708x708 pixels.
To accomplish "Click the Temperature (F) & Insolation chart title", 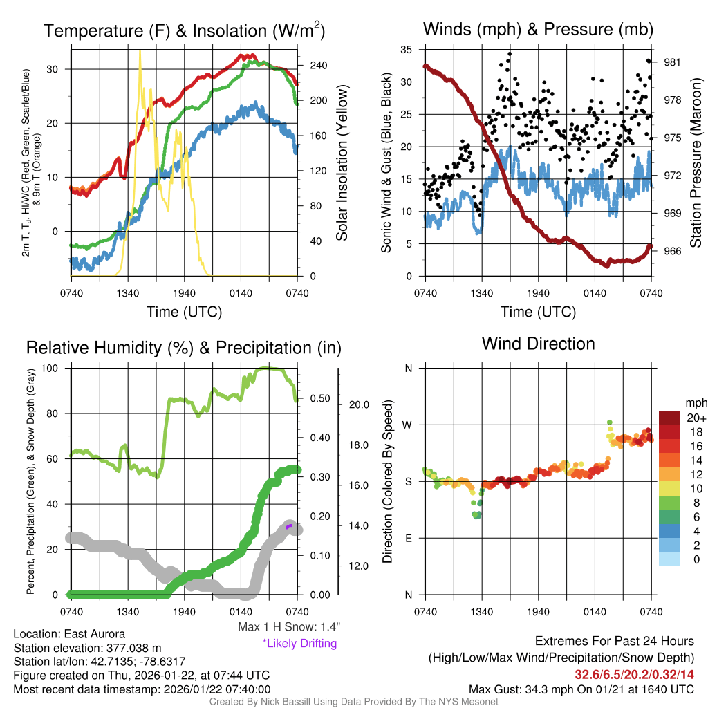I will (184, 30).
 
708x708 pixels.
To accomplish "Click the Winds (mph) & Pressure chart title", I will (538, 29).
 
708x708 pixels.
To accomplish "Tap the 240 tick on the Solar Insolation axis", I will (313, 65).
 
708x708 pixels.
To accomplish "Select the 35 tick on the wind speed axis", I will (407, 49).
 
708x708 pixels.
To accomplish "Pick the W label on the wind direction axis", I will (409, 425).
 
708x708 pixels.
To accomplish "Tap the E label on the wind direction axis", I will (409, 538).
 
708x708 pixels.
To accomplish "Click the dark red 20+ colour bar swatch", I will (670, 418).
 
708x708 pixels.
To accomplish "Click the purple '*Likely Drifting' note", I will (299, 644).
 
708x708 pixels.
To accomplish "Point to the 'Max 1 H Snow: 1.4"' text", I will (288, 627).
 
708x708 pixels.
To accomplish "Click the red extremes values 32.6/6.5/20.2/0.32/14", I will (634, 674).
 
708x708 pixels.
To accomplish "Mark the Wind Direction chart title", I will (538, 344).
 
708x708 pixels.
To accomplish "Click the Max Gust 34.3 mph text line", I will (581, 689).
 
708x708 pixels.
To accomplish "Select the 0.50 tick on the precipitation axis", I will (319, 398).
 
